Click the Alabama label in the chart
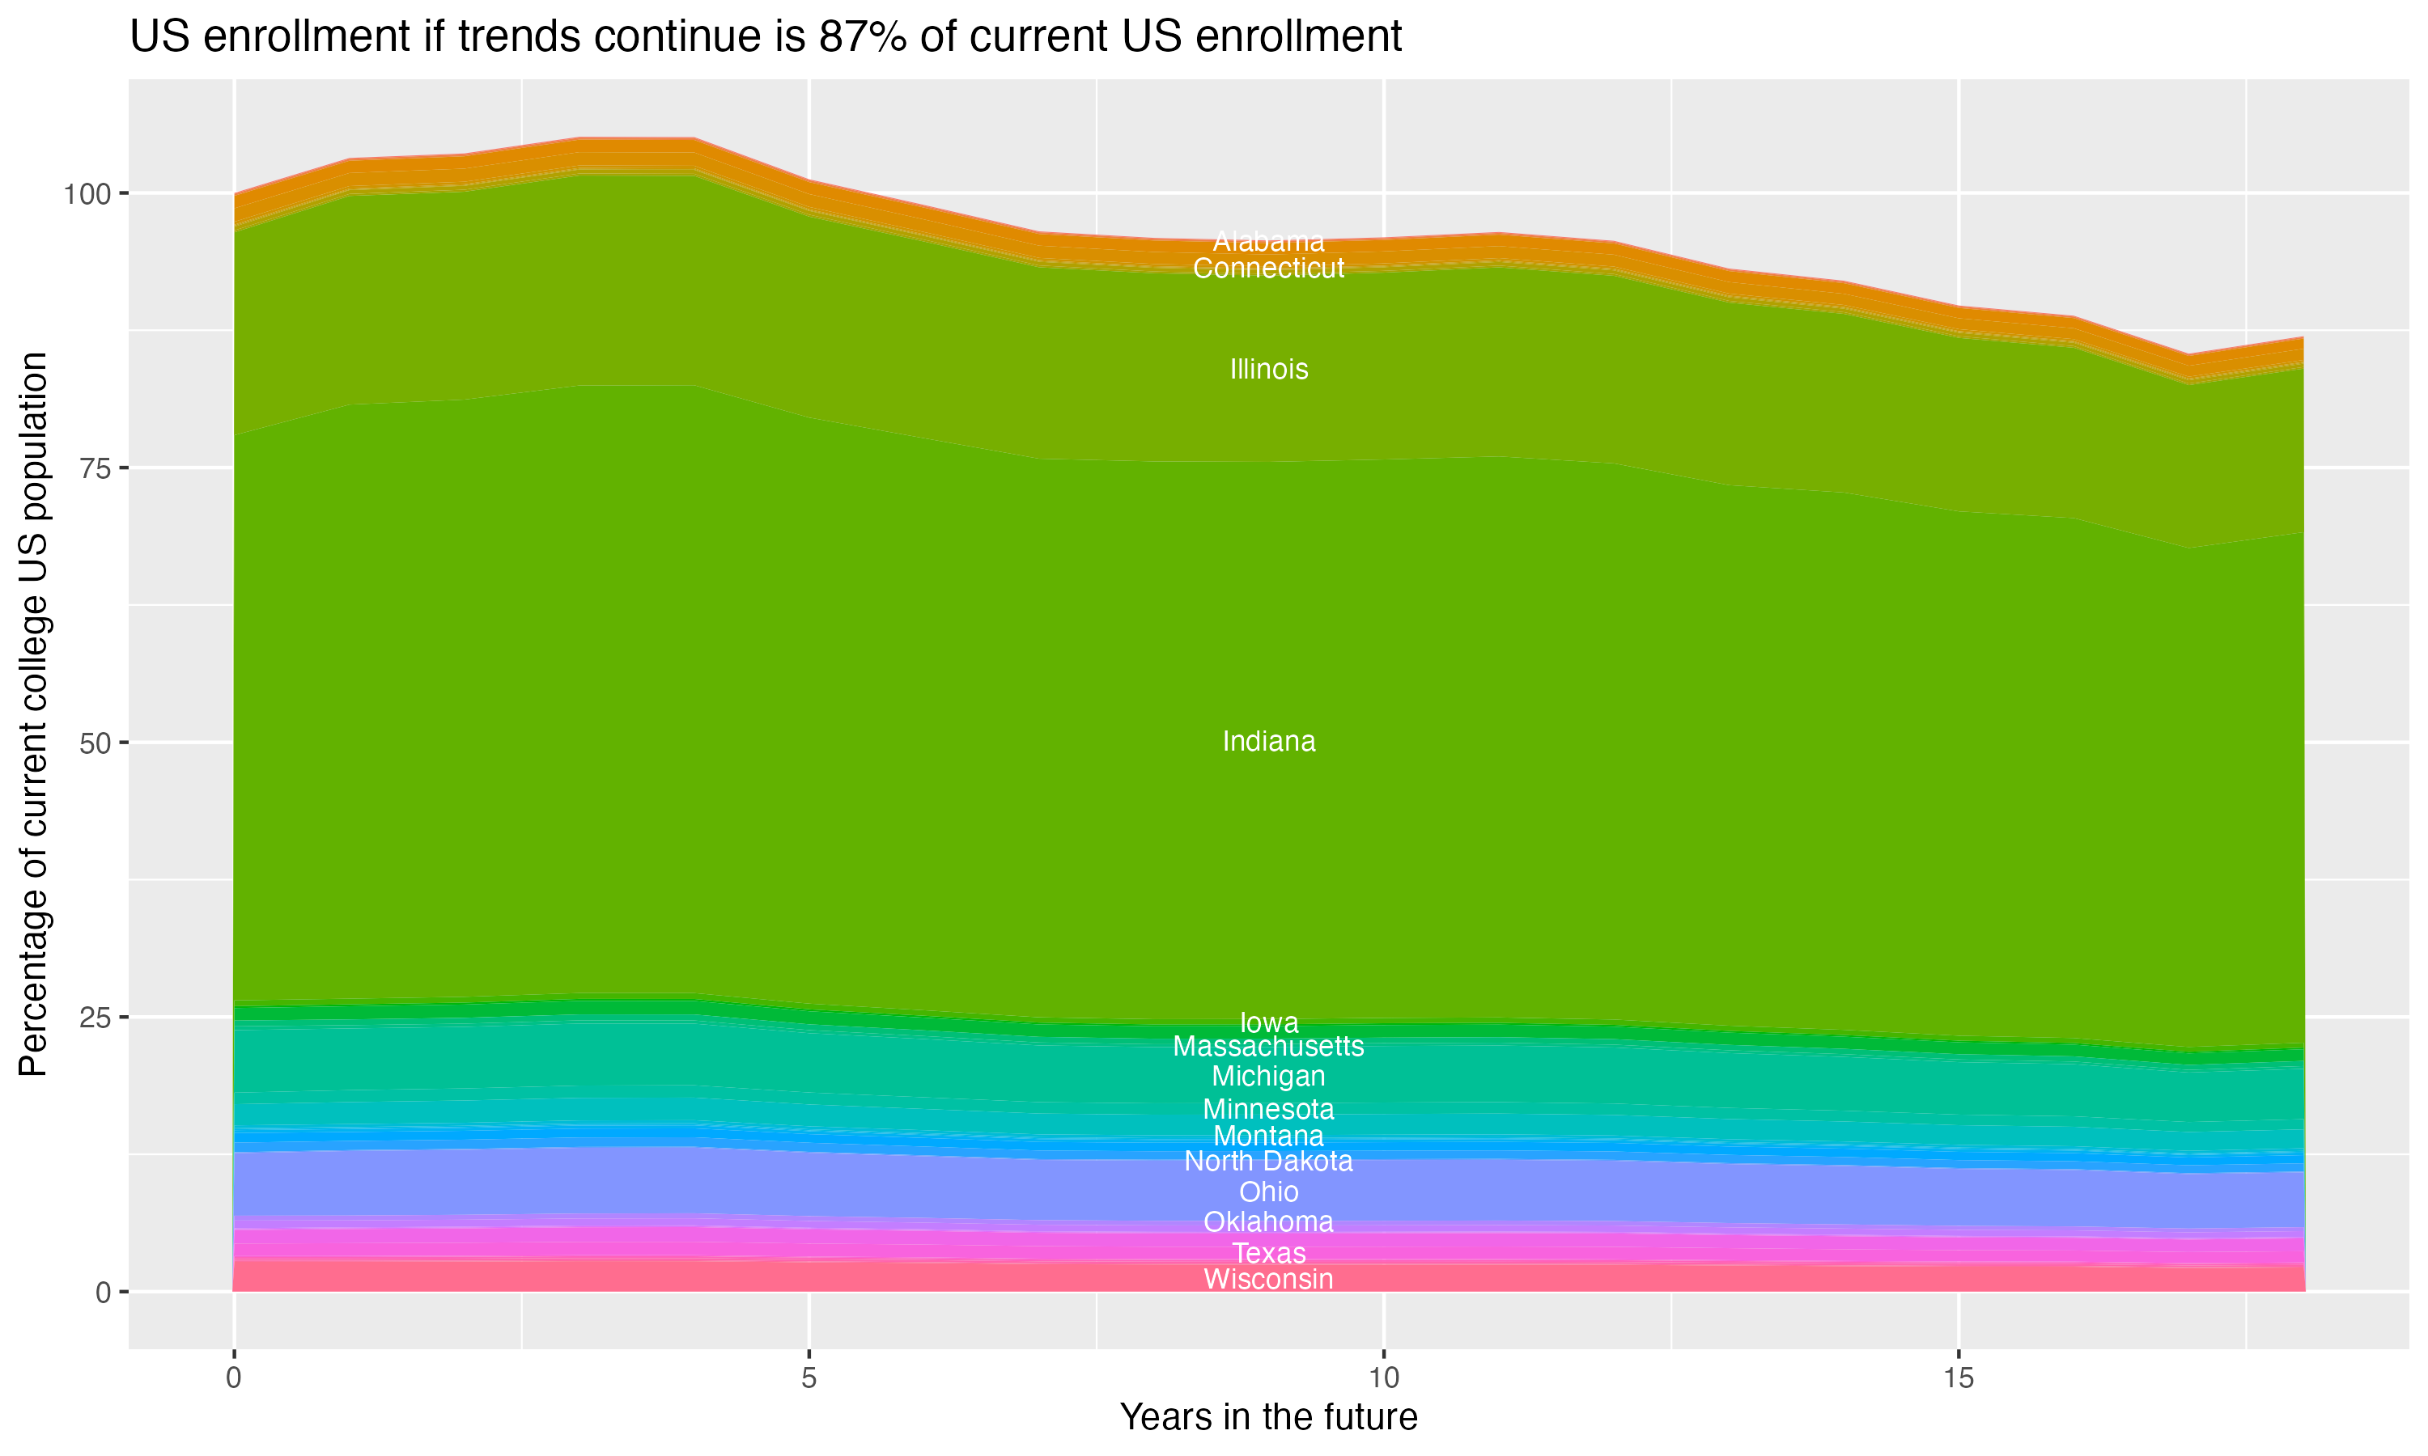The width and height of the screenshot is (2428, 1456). [x=1268, y=241]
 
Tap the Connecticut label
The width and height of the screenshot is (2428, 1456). [x=1268, y=269]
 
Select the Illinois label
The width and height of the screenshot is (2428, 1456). [x=1268, y=370]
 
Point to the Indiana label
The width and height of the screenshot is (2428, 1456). [x=1268, y=742]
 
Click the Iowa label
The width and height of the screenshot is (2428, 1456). [x=1268, y=1022]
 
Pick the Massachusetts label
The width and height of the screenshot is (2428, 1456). [x=1268, y=1047]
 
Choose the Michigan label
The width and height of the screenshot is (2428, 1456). [x=1268, y=1077]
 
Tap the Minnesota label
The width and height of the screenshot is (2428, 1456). [x=1268, y=1110]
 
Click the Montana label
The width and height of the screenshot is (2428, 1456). [x=1268, y=1136]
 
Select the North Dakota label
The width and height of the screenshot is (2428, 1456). [x=1268, y=1162]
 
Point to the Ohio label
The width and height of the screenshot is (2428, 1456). [x=1268, y=1192]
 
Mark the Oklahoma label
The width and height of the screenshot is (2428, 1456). [x=1268, y=1222]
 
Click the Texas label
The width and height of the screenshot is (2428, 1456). [x=1268, y=1253]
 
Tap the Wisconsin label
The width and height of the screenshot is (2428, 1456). [x=1268, y=1280]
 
